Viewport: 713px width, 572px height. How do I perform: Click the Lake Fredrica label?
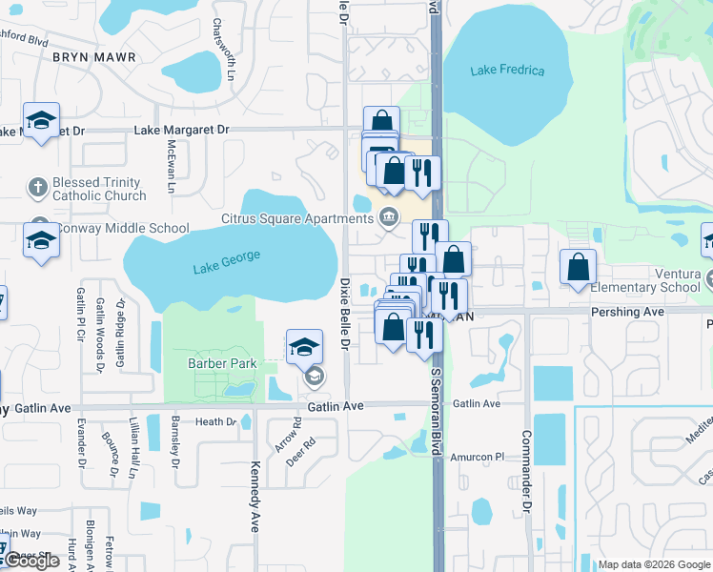click(x=508, y=71)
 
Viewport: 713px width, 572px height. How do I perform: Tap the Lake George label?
click(x=227, y=262)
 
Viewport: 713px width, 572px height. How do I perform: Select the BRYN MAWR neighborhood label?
click(x=94, y=57)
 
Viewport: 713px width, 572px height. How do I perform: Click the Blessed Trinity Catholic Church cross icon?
click(x=37, y=187)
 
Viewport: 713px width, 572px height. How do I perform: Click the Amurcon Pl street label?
click(x=477, y=458)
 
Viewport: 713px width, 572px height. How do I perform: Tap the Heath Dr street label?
click(x=215, y=421)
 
